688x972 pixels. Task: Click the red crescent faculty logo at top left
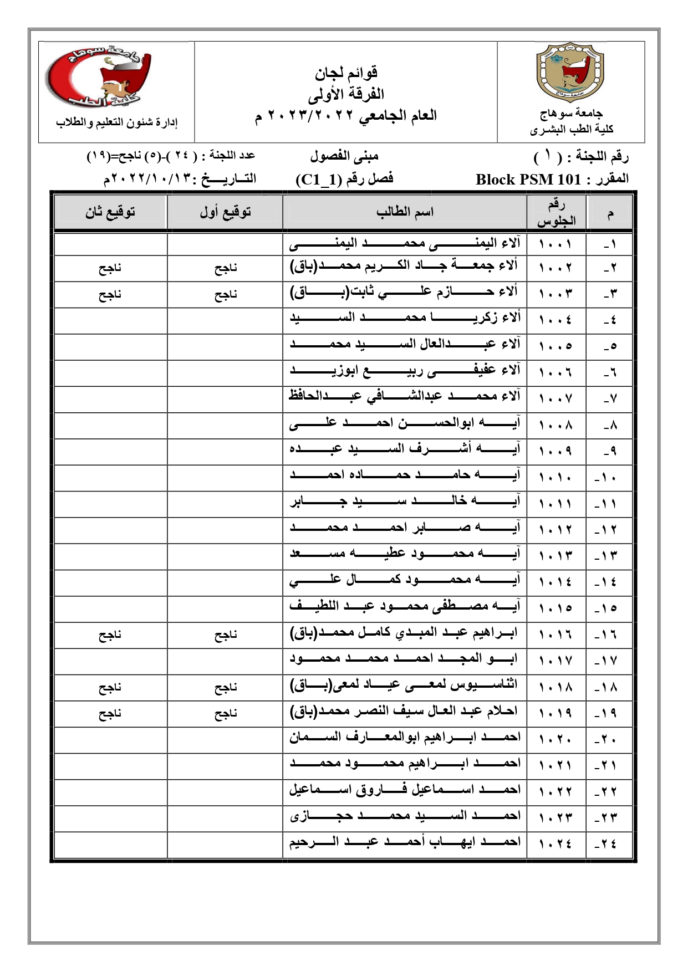coord(98,78)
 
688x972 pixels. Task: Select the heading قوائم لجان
coord(346,73)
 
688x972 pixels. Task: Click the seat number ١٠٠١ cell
coord(555,243)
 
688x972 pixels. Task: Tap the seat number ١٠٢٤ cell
coord(555,843)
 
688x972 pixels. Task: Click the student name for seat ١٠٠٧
coord(404,396)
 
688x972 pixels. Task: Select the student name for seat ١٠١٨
coord(404,686)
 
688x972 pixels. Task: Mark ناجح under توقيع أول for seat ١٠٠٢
coord(226,269)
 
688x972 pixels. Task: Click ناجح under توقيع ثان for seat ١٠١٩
coord(110,714)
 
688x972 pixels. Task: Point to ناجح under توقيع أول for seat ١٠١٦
coord(226,635)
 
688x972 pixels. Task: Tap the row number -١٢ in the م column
coord(605,530)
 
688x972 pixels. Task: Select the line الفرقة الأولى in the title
coord(346,94)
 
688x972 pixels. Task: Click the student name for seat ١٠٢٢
coord(404,791)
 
